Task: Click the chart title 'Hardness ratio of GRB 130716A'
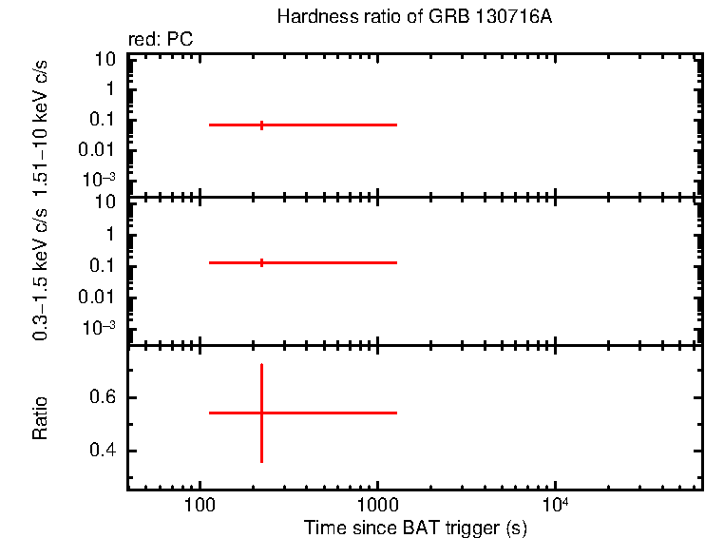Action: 413,17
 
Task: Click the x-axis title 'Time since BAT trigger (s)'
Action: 415,527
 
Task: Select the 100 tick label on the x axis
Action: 200,504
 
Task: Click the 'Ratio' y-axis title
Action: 41,417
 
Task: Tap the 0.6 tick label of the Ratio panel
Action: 102,396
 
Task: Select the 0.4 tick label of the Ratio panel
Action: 102,451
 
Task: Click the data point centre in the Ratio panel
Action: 261,413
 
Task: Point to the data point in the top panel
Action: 261,125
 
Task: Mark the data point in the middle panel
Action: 261,262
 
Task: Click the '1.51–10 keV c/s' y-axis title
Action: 41,121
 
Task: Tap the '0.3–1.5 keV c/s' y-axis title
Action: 41,270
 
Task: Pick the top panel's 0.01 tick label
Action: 99,149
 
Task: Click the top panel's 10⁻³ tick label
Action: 99,179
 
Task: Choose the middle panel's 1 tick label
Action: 111,234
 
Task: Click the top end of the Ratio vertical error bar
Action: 261,364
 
